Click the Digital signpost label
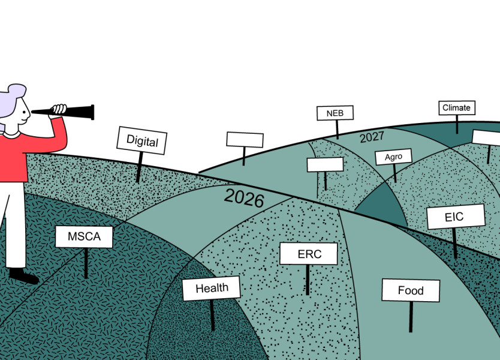(142, 141)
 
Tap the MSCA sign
(84, 236)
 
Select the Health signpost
(212, 288)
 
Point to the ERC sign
(309, 254)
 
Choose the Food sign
(411, 291)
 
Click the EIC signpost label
(454, 217)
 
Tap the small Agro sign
(393, 157)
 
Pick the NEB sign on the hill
(335, 113)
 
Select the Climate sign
(456, 108)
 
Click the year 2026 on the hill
(244, 197)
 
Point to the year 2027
(372, 137)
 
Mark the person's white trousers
(15, 222)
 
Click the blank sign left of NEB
(245, 140)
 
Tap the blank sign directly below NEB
(325, 164)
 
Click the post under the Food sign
(411, 316)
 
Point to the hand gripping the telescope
(59, 109)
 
